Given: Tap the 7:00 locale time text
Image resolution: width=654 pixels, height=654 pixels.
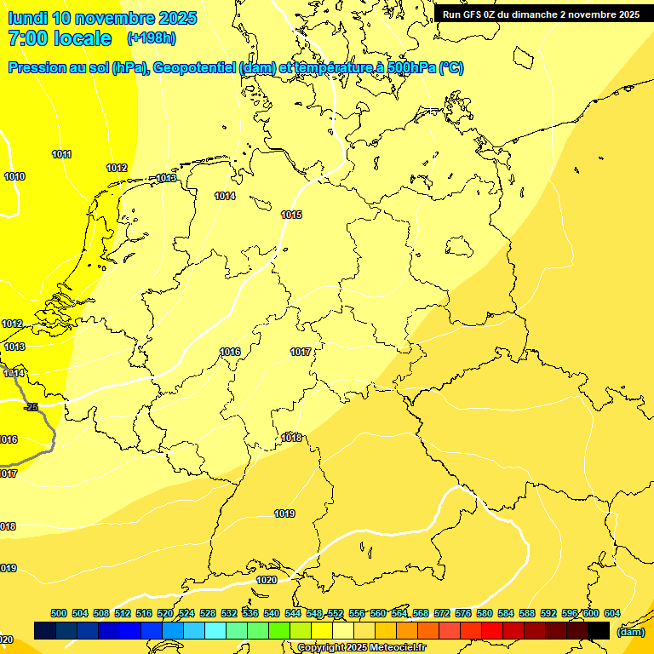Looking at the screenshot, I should tap(60, 38).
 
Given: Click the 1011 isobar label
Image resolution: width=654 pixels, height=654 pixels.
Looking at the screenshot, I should tap(61, 154).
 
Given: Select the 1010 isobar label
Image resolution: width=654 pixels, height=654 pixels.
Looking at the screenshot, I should tap(14, 176).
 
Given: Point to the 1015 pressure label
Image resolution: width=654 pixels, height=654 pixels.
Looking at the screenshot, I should tap(291, 215).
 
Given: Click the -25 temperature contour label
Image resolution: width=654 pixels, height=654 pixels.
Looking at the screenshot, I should tap(32, 407).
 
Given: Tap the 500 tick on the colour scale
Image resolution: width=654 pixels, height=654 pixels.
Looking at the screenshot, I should tap(59, 613).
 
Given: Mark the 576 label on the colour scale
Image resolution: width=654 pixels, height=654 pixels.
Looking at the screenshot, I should tap(463, 613).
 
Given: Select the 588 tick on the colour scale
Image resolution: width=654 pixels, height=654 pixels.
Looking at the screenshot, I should tap(527, 613).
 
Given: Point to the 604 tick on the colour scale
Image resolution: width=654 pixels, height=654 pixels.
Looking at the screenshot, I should tap(611, 613).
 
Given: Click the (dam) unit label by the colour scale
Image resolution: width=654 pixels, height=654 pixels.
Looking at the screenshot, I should tap(631, 631).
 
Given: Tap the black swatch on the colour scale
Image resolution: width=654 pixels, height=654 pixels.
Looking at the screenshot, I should tap(599, 630).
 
